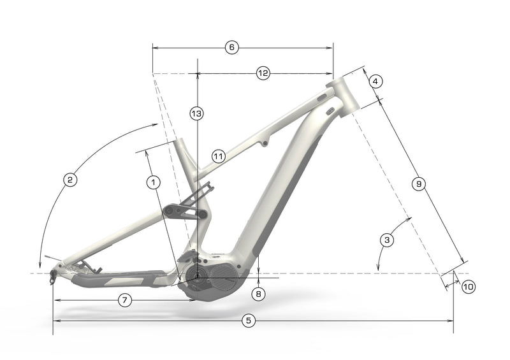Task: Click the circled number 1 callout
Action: [x=154, y=182]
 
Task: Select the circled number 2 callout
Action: [x=70, y=180]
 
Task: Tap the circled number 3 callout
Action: [x=387, y=240]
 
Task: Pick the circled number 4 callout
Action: [x=375, y=82]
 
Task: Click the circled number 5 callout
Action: [x=249, y=321]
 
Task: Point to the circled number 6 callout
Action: [x=232, y=48]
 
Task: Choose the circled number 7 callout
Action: [x=125, y=300]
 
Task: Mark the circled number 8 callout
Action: [x=259, y=294]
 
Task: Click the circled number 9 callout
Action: [x=419, y=184]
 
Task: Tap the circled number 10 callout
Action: [x=469, y=287]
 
